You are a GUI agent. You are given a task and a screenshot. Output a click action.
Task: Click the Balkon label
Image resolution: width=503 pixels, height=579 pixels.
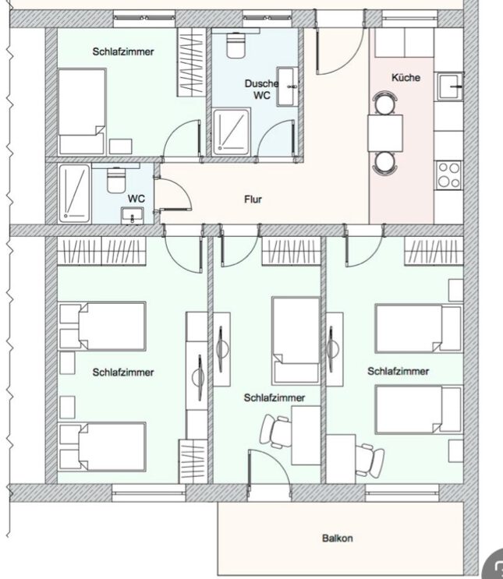[x=337, y=538]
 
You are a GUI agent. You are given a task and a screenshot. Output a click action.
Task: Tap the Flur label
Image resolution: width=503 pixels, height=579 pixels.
[x=253, y=199]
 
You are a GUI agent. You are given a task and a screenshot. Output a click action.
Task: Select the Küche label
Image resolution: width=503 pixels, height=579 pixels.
[x=406, y=78]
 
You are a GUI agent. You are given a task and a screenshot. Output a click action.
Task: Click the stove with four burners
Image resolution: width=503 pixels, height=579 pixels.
[x=449, y=175]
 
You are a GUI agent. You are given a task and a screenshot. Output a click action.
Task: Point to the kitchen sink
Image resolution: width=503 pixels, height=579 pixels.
[x=451, y=86]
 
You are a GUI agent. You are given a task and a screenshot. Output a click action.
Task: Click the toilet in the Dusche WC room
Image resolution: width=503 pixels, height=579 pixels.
[x=236, y=44]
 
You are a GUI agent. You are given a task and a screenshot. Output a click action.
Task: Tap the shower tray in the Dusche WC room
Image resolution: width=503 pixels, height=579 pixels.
[x=232, y=132]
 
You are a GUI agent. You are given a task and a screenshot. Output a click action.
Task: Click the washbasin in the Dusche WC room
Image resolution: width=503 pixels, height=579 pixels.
[x=288, y=86]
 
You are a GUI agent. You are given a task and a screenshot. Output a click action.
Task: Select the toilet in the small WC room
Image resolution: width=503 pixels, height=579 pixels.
[x=115, y=180]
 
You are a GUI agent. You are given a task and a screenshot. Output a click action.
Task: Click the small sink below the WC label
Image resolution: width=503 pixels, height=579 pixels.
[x=133, y=215]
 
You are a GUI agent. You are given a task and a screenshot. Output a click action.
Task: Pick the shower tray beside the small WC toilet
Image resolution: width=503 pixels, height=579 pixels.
[x=74, y=194]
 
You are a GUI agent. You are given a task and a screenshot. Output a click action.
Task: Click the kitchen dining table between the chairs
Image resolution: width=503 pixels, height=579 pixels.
[x=385, y=133]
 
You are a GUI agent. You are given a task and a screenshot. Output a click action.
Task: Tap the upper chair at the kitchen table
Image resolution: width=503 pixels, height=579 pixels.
[x=385, y=103]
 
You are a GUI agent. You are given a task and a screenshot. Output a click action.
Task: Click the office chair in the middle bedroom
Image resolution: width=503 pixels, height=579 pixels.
[x=275, y=431]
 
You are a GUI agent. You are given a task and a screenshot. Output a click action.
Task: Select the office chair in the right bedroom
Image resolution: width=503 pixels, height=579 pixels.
[x=370, y=461]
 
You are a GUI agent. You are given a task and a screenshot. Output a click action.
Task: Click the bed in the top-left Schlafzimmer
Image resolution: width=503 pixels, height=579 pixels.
[x=82, y=111]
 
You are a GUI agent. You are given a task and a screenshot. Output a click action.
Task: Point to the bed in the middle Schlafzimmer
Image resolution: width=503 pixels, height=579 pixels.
[x=296, y=341]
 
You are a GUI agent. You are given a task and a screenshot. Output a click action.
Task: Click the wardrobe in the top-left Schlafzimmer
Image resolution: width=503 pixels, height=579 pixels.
[x=191, y=62]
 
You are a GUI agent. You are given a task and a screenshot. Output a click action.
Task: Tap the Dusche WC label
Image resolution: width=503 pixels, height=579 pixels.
[x=262, y=89]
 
